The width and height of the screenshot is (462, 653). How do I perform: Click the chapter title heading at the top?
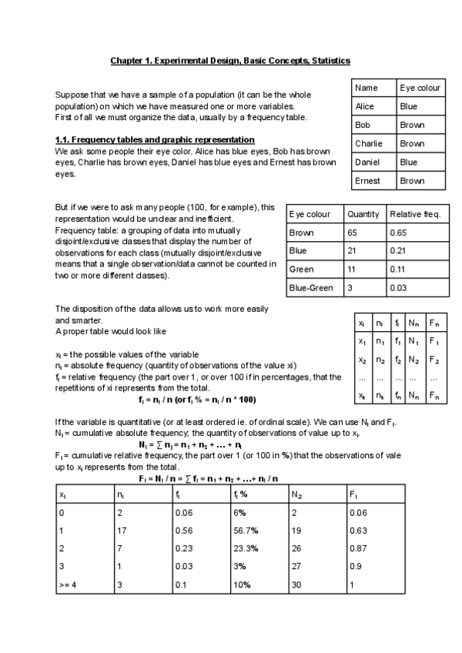(230, 60)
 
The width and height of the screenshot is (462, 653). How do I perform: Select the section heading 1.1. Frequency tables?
(155, 139)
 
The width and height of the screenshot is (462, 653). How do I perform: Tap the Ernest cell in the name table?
(367, 181)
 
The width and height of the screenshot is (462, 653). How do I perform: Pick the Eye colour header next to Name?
(420, 88)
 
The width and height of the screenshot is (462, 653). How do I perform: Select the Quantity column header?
(362, 213)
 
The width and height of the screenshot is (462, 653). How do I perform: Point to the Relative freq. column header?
(415, 213)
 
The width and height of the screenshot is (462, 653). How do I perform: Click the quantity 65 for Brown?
(353, 232)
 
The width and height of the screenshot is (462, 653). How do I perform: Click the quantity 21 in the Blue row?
(352, 250)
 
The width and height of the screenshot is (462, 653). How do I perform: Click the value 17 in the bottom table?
(122, 529)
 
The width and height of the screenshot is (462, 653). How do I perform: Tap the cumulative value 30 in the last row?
(296, 584)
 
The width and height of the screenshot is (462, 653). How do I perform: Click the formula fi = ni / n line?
(197, 400)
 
